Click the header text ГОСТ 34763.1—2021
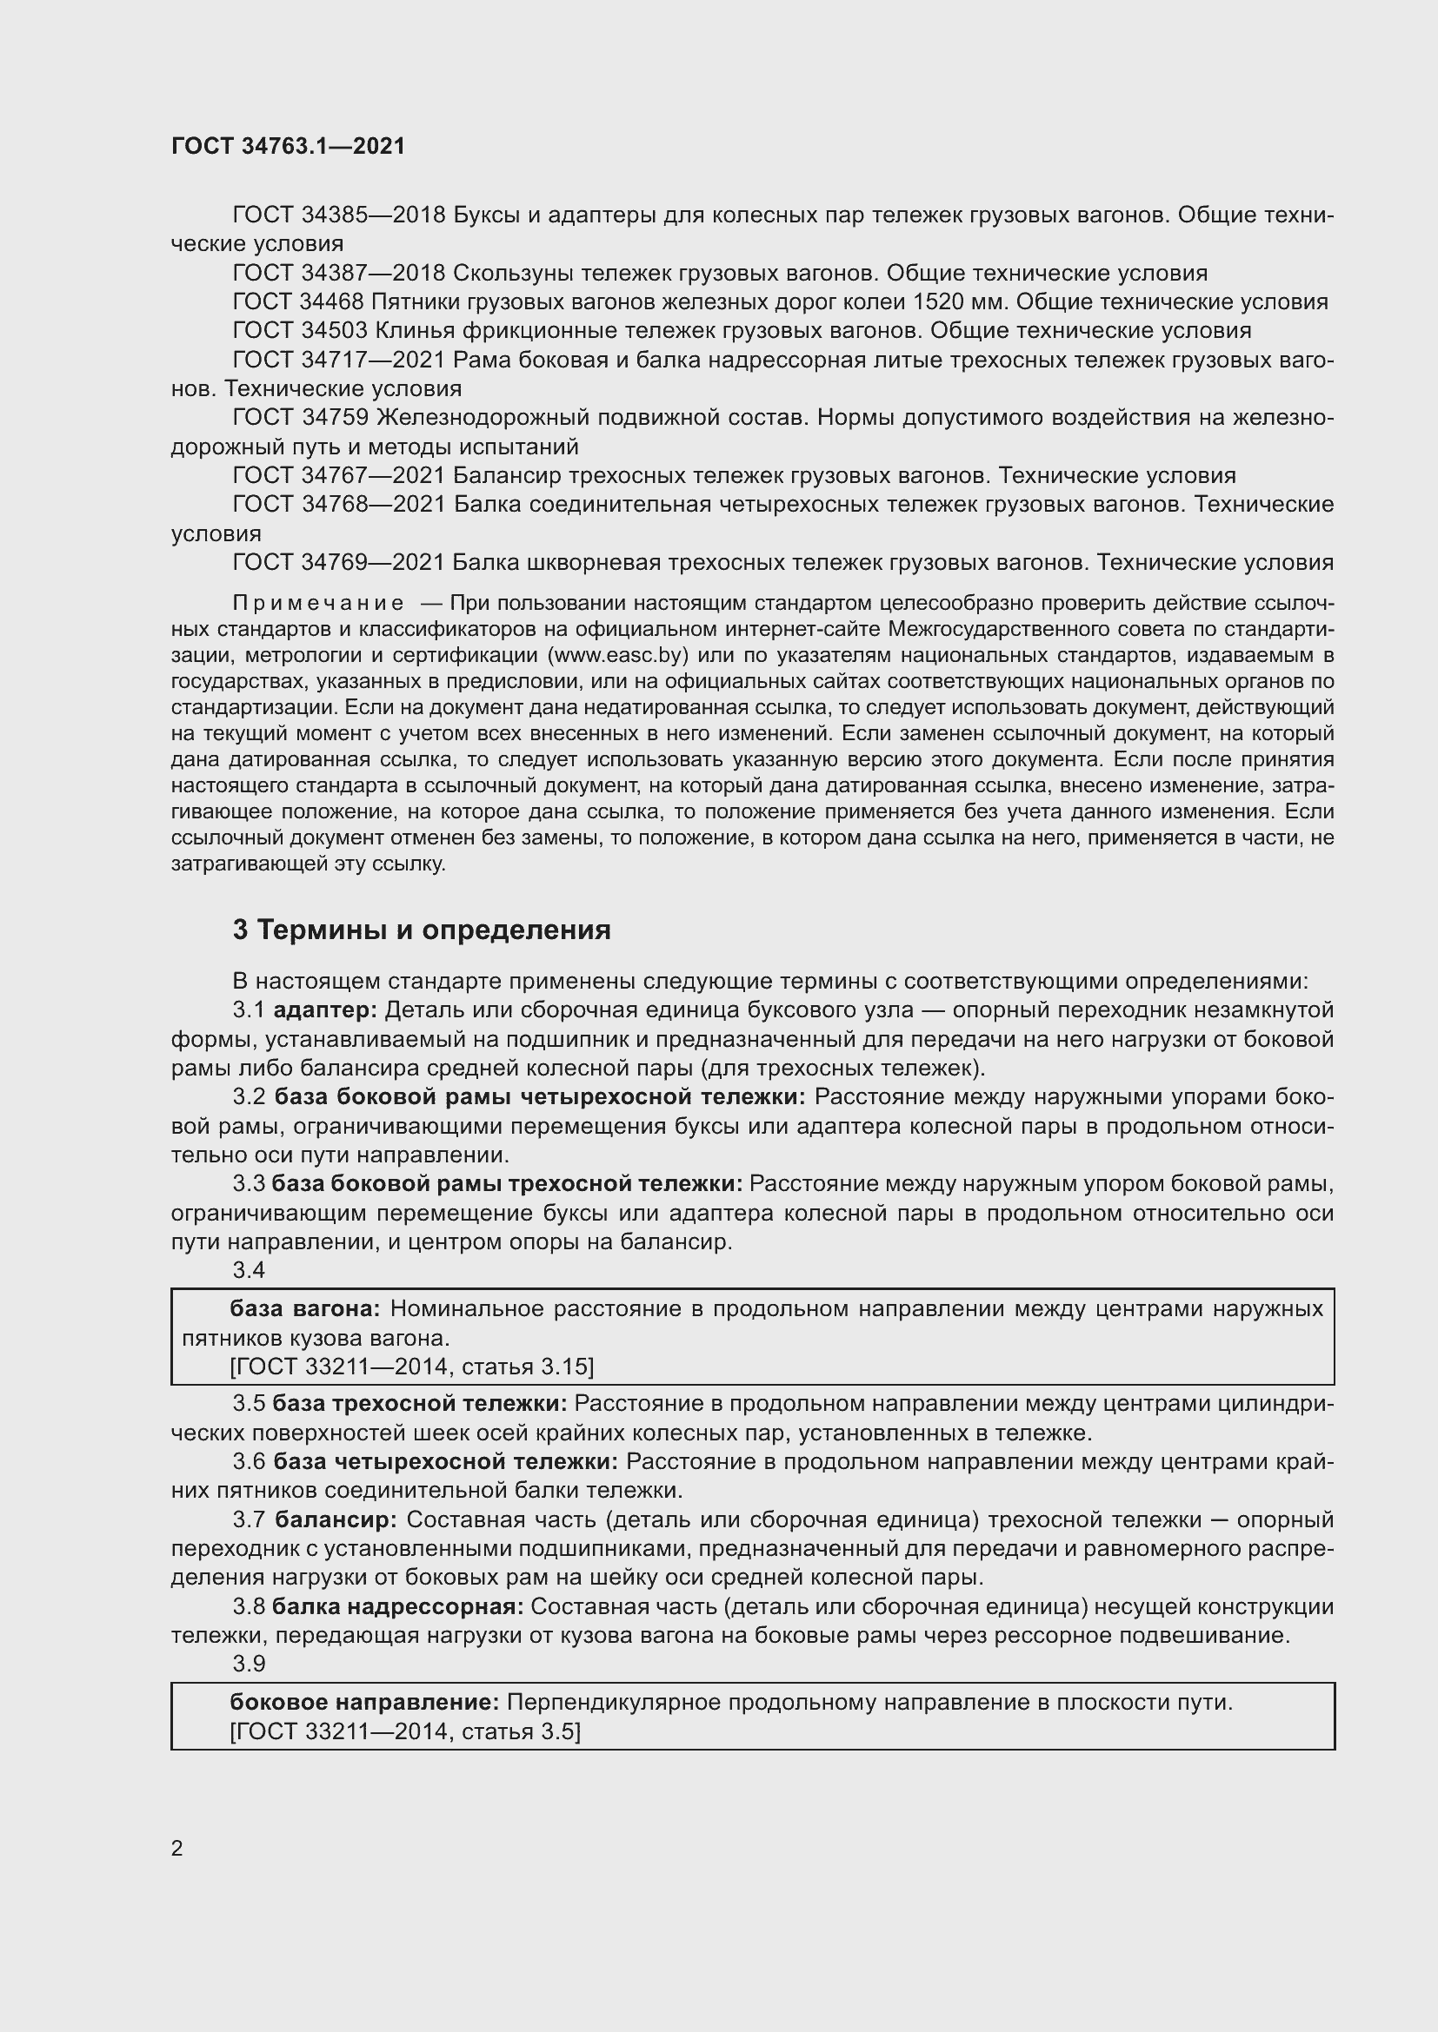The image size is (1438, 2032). (x=288, y=146)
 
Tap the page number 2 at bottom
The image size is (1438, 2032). (x=177, y=1849)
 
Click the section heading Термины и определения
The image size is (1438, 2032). (x=422, y=930)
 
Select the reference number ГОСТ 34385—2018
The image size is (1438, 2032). (x=338, y=215)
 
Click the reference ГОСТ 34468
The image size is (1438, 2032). (x=297, y=301)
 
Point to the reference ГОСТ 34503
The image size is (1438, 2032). (x=297, y=331)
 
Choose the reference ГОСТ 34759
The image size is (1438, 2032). (x=297, y=417)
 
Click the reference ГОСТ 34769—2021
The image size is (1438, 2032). (x=338, y=562)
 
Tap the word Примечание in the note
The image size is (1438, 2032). (x=318, y=604)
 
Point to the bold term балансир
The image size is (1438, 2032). (x=336, y=1519)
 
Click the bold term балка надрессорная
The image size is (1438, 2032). (x=397, y=1606)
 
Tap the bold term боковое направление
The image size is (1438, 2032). (x=364, y=1702)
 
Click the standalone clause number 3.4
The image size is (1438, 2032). (x=249, y=1270)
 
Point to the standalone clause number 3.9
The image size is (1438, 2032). (x=249, y=1664)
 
